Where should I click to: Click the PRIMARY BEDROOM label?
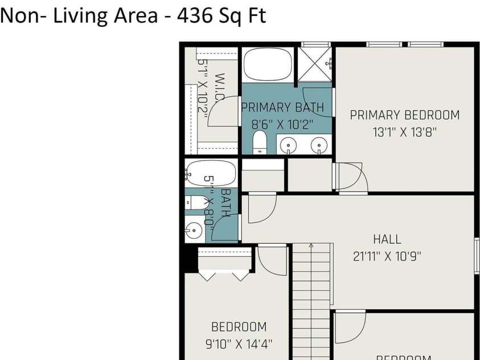pos(404,115)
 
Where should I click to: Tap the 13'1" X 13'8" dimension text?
pos(404,133)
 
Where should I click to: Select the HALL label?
pos(387,239)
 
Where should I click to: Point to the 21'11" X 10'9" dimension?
pos(387,256)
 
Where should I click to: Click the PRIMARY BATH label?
pos(282,107)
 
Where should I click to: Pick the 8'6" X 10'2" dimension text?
pos(282,124)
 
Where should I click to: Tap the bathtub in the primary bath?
pos(268,65)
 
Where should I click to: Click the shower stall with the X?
pos(315,64)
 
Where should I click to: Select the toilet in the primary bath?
pos(260,142)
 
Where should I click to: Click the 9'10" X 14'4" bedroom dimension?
pos(239,344)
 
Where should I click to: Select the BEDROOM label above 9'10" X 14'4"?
pos(239,327)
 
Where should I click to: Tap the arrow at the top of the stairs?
pos(311,246)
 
